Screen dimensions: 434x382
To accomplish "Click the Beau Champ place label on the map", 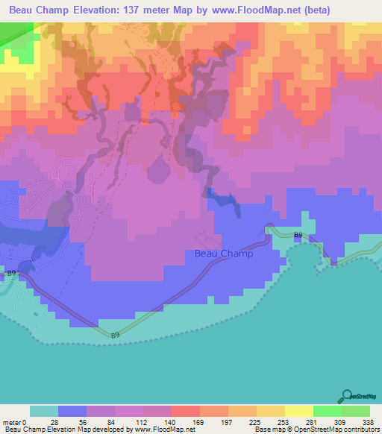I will tap(223, 254).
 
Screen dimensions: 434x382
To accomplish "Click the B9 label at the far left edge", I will tap(10, 274).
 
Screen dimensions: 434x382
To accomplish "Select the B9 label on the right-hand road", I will tap(298, 236).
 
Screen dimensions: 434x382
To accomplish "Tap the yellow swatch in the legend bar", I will tap(298, 412).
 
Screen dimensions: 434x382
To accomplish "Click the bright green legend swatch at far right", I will tap(355, 412).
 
